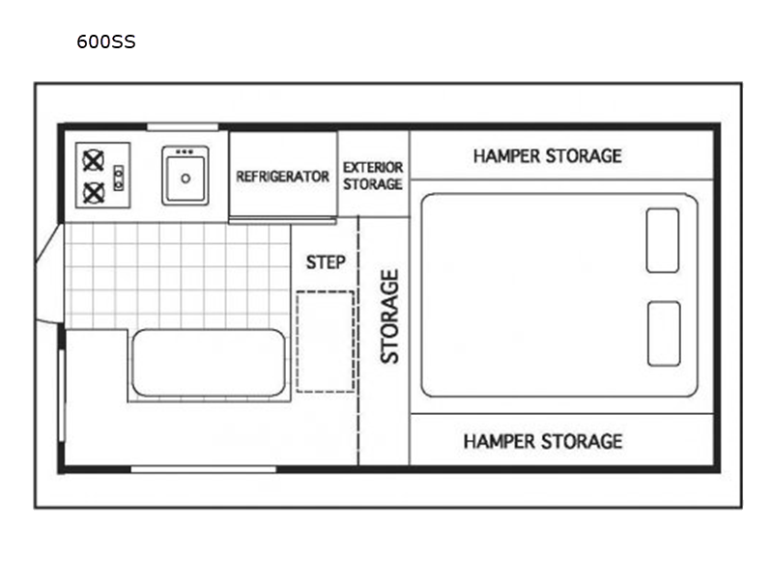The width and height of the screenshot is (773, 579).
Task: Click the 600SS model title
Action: [106, 41]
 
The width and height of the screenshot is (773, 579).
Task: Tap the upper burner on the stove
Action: [93, 161]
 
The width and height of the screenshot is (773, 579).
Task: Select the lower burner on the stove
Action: [93, 192]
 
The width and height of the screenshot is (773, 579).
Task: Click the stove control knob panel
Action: [118, 178]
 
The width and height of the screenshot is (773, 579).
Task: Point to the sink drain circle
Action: [186, 179]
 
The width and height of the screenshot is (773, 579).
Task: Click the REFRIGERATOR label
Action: [282, 177]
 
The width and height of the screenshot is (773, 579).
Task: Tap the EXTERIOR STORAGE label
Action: [373, 176]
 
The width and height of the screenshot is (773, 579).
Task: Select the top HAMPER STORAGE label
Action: [547, 156]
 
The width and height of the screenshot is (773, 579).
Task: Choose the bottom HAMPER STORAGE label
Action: [543, 441]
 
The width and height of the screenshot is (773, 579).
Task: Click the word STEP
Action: [326, 262]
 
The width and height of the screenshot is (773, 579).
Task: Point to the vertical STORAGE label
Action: [389, 317]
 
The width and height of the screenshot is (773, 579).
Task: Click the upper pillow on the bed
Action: [663, 240]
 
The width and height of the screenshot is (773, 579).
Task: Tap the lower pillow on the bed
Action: [664, 334]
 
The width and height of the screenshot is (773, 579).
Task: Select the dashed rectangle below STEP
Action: [325, 343]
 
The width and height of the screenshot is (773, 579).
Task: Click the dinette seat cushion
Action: [209, 363]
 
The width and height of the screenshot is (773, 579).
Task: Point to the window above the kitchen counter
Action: [183, 127]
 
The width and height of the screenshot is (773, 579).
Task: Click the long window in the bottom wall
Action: [203, 469]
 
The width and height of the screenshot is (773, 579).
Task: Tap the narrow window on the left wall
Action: [62, 396]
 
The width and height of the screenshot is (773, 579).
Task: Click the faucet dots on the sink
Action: [185, 152]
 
